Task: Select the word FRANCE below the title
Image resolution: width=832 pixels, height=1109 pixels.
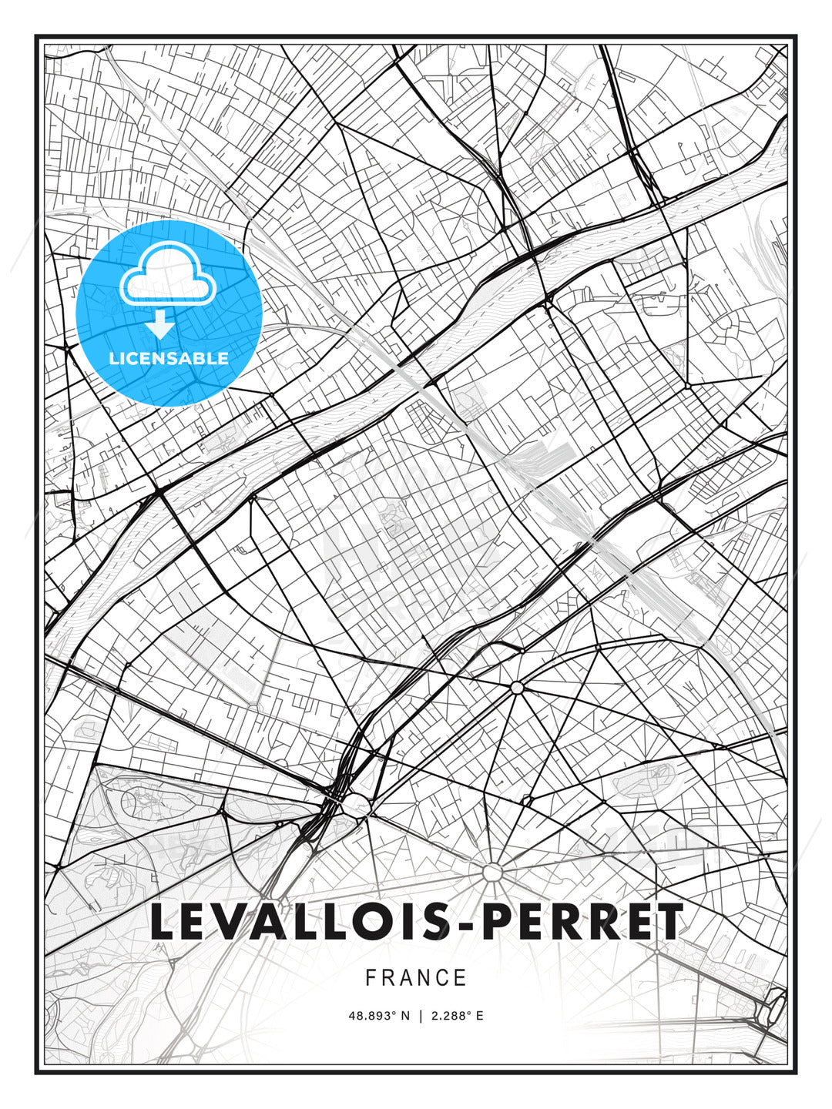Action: [416, 978]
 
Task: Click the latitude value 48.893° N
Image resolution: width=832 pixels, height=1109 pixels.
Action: [379, 1016]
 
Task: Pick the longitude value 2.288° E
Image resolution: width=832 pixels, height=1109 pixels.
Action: [458, 1016]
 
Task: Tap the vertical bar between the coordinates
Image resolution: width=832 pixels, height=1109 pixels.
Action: [421, 1016]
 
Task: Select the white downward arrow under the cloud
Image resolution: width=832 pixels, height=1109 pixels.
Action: [160, 325]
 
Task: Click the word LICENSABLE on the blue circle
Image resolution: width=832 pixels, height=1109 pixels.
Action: [169, 358]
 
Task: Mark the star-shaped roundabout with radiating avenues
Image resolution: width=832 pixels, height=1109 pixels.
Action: [492, 873]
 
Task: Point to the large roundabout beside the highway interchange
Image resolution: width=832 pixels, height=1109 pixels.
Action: [355, 806]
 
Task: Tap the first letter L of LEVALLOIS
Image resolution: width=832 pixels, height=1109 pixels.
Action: [164, 922]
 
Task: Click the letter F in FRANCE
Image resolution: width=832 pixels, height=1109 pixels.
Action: [371, 978]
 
